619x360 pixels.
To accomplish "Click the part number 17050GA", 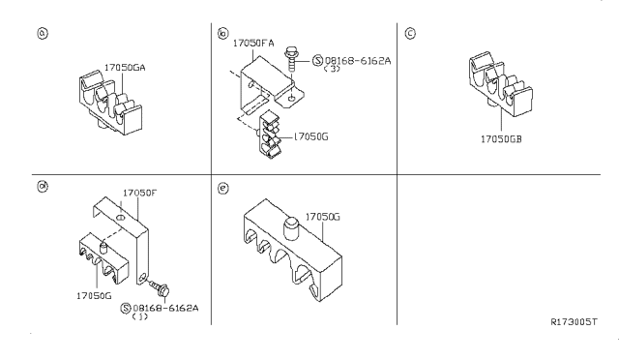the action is tap(125, 68).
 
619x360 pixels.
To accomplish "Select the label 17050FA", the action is tap(253, 43).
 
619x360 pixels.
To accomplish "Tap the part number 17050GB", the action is tap(501, 139).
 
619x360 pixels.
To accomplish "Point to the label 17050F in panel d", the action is tap(139, 193).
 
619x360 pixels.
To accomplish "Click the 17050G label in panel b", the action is tap(310, 136).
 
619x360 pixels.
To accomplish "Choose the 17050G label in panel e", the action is tap(322, 217).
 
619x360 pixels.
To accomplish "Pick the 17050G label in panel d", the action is tap(94, 295).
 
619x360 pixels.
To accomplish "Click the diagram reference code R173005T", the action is tap(574, 321).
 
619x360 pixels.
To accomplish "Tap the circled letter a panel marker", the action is tap(43, 33).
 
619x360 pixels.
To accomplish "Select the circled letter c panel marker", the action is tap(410, 33).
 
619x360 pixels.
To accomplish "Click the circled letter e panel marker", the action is tap(223, 188).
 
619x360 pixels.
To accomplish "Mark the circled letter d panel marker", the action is tap(43, 186).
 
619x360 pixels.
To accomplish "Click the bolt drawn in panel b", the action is tap(290, 58).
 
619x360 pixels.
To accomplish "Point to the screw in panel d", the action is tap(160, 288).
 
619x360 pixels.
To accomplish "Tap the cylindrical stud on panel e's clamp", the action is tap(292, 228).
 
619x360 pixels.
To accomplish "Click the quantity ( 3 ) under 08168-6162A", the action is tap(332, 69).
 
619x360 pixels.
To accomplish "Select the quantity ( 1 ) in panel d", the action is tap(139, 316).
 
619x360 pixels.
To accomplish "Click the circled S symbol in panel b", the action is tap(318, 60).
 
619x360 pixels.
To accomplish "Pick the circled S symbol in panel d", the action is tap(126, 309).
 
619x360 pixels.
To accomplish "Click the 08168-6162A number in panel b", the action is tap(358, 60).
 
